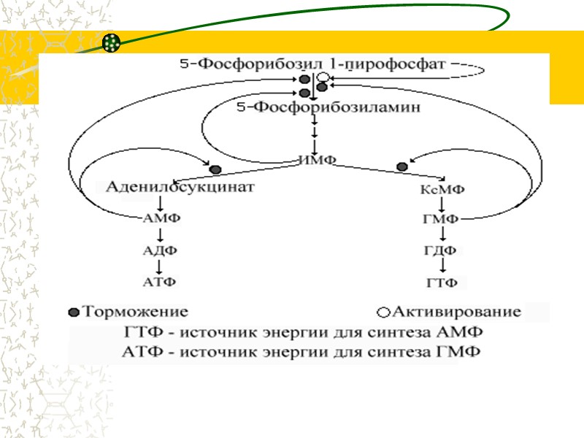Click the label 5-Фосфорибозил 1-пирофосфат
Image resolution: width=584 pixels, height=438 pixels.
[312, 64]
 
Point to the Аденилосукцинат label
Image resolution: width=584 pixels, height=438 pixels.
[176, 187]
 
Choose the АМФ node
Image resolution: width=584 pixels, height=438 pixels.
[160, 218]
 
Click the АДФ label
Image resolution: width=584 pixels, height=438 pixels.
[160, 250]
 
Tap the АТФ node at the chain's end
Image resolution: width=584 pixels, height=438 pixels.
[160, 281]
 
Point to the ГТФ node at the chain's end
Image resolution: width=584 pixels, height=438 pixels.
[442, 283]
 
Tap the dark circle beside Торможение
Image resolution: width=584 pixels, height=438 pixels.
[73, 313]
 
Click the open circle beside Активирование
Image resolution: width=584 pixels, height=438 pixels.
[383, 313]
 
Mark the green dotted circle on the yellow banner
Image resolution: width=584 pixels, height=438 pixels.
[111, 43]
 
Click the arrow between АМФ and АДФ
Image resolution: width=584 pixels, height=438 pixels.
[160, 234]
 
